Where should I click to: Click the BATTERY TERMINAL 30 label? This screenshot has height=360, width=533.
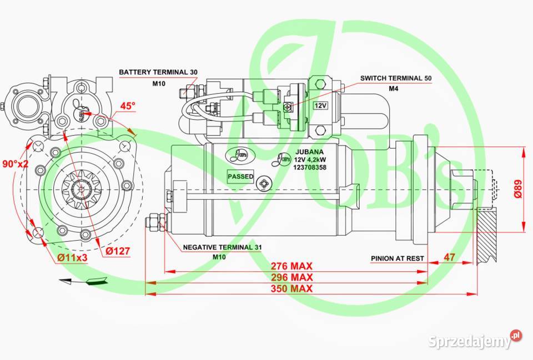tap(158, 72)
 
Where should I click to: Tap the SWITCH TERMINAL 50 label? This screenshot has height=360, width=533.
tap(395, 78)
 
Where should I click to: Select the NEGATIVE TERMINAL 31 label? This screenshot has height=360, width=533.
tap(222, 247)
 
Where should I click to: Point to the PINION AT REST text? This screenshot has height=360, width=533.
tap(397, 258)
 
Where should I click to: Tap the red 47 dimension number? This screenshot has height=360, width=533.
tap(450, 257)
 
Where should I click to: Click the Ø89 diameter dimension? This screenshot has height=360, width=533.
tap(517, 189)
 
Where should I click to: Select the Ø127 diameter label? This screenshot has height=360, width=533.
tap(118, 251)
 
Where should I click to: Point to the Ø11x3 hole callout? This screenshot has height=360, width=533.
tap(72, 258)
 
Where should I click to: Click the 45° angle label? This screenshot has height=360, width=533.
tap(128, 106)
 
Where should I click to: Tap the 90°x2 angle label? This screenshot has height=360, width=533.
tap(16, 164)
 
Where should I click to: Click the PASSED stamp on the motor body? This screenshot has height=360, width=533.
tap(240, 177)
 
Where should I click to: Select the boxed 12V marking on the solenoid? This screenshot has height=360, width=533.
tap(320, 105)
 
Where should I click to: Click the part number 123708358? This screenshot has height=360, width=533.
tap(310, 167)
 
